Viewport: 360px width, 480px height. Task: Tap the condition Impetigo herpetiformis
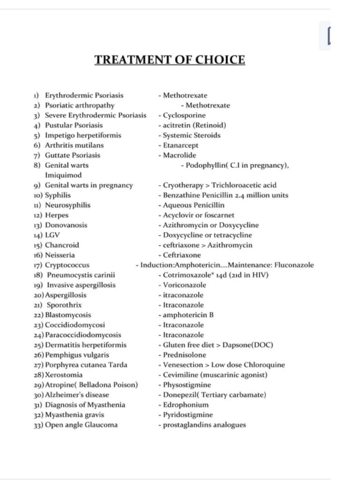click(x=83, y=135)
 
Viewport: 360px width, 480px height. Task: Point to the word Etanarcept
click(x=180, y=145)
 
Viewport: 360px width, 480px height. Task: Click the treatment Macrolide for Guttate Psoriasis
click(x=180, y=155)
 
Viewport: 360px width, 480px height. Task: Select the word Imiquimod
click(x=63, y=175)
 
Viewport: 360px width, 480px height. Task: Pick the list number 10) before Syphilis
click(x=38, y=195)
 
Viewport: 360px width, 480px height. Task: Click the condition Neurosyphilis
click(x=67, y=205)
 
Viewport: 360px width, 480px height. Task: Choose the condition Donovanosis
click(x=66, y=225)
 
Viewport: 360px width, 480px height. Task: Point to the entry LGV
click(x=52, y=235)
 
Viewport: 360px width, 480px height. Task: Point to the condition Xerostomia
click(x=64, y=375)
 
